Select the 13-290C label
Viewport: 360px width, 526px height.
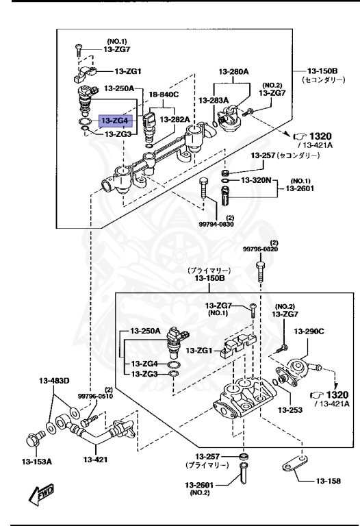click(x=309, y=331)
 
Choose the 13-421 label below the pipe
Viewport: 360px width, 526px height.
click(x=96, y=460)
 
